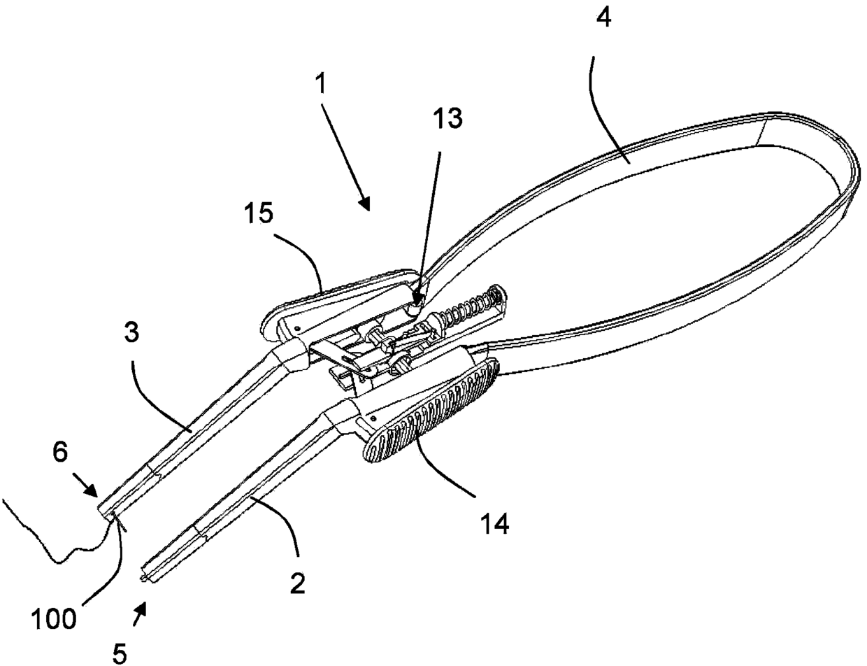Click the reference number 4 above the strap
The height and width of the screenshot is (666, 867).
(x=603, y=19)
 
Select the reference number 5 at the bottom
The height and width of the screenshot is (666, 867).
(x=120, y=653)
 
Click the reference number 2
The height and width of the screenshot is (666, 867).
(x=297, y=582)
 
